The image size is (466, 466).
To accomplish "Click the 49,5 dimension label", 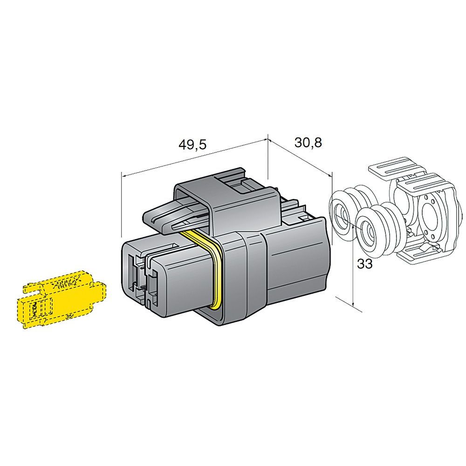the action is (192, 144).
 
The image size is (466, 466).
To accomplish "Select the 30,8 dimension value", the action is (308, 143).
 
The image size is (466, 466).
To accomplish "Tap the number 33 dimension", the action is (365, 264).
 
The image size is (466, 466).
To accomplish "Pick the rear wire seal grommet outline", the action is (348, 211).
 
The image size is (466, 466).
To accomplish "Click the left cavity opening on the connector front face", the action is (133, 270).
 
